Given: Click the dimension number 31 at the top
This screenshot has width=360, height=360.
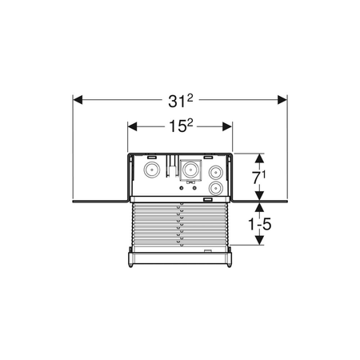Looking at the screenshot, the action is click(x=177, y=102).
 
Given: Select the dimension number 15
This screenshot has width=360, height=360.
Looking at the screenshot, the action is click(x=178, y=126).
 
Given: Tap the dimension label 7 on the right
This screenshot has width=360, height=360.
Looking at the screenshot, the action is click(x=256, y=178).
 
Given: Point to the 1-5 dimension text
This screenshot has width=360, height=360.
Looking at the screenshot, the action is click(x=259, y=224).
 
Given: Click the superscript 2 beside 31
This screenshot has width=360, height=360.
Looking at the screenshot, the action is click(x=190, y=98).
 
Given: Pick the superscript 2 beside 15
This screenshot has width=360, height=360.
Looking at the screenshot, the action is click(x=190, y=123).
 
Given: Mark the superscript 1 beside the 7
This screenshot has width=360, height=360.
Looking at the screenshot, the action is click(x=263, y=174).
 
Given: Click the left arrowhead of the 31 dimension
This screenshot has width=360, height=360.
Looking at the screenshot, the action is click(x=78, y=100).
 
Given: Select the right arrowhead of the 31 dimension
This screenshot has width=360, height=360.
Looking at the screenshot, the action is click(x=282, y=100).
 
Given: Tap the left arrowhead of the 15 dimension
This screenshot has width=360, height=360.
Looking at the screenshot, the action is click(x=132, y=126).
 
